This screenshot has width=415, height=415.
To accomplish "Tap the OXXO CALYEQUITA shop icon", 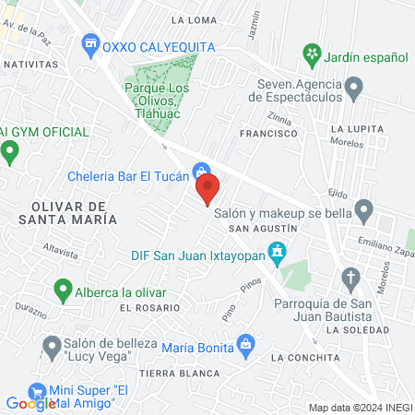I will pos(90,42).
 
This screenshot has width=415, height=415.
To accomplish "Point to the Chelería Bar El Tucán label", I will pos(128,176).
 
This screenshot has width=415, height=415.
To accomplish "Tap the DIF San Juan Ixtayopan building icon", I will pos(276,250).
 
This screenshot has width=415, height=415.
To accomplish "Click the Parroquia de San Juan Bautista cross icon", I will pos(350,277).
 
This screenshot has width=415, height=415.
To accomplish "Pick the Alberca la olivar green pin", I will pos(64,291).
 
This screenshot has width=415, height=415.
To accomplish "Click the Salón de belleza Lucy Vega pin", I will pos(50,346).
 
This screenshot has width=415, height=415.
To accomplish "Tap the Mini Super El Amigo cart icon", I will pos(38,391).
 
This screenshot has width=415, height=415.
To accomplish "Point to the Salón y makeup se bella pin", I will pos(364,211).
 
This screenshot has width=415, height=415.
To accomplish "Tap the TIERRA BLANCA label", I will pos(170,373).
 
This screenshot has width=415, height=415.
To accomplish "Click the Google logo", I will pos(31,402).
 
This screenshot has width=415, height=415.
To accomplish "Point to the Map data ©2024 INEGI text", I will pos(360,408).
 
